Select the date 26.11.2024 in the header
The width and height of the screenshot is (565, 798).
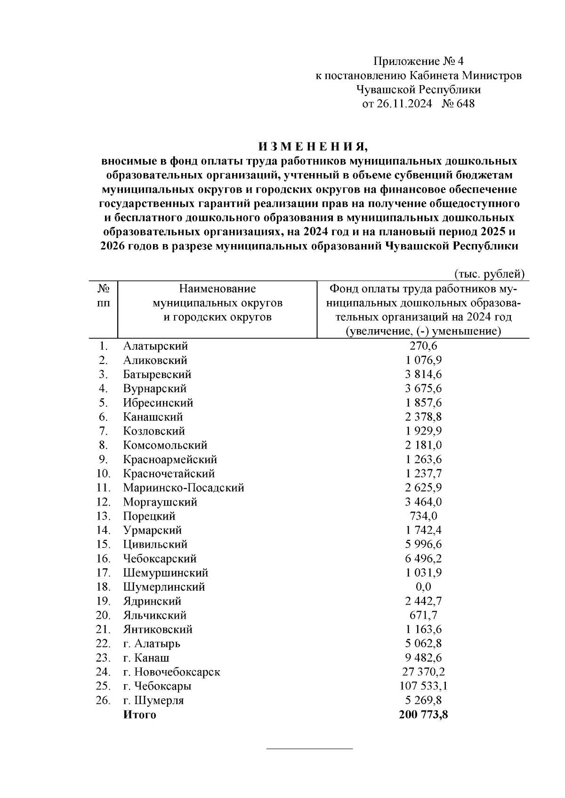click(404, 103)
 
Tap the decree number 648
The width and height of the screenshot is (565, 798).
click(465, 103)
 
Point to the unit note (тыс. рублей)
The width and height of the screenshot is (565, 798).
click(489, 274)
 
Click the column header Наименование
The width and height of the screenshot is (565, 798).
click(217, 288)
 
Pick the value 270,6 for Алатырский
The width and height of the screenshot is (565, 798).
click(423, 346)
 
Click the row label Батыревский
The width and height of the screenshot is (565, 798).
click(157, 374)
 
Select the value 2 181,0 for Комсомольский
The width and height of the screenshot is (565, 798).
click(423, 445)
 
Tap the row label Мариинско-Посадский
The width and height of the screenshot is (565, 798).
click(184, 488)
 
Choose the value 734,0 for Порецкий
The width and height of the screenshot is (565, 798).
click(423, 516)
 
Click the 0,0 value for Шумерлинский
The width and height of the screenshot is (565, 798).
click(423, 587)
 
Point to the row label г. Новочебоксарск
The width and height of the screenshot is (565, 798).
click(172, 672)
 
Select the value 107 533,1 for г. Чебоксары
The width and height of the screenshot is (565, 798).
click(423, 686)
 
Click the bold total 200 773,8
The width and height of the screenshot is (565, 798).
click(423, 715)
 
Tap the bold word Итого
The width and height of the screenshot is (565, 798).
click(139, 715)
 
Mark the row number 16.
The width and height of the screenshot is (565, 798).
click(103, 559)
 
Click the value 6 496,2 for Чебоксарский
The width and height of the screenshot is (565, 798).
click(423, 559)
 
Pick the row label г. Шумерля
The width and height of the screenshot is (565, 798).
click(153, 700)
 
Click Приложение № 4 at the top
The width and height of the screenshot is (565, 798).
click(419, 61)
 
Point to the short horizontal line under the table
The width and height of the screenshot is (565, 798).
click(309, 748)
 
